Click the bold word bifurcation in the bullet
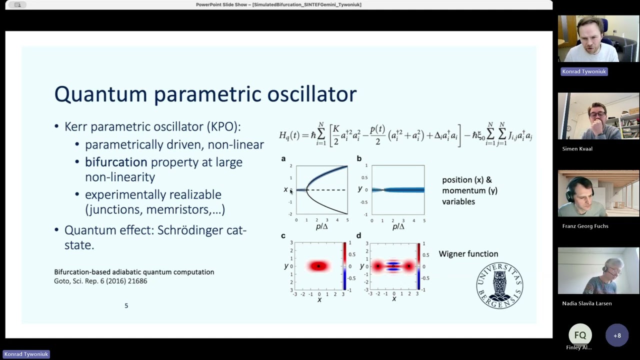(x=116, y=162)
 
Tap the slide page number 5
(x=126, y=305)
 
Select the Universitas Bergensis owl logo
(x=499, y=285)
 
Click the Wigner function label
(x=468, y=254)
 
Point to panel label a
(x=283, y=159)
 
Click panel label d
(x=358, y=235)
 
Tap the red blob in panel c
(x=318, y=266)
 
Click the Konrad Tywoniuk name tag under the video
(x=583, y=71)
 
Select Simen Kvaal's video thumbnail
(x=598, y=116)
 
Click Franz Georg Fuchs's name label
(x=585, y=226)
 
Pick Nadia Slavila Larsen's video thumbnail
(x=598, y=271)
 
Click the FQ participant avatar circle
(x=580, y=335)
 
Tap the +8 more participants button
(x=617, y=335)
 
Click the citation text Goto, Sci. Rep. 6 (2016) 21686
(x=100, y=281)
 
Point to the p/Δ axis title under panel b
(x=398, y=226)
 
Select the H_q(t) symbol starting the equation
(x=288, y=135)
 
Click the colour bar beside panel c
(x=344, y=266)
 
